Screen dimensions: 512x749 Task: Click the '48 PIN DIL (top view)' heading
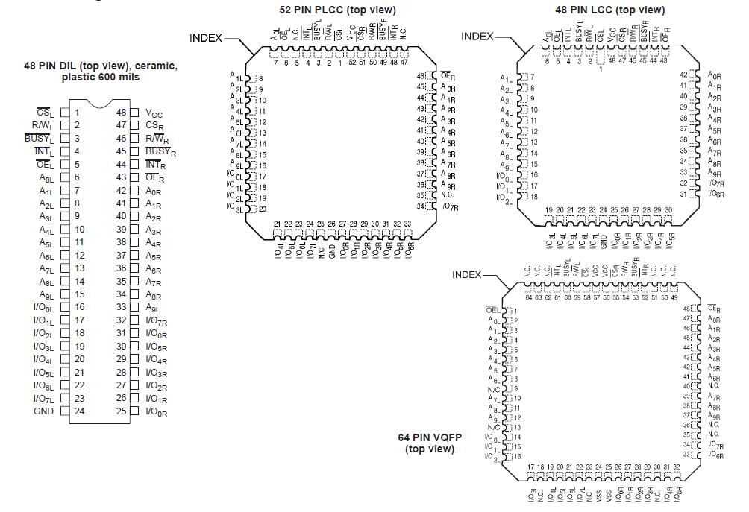click(x=101, y=66)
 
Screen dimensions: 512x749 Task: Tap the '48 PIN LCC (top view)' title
click(x=609, y=10)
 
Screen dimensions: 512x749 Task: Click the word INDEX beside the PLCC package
click(x=206, y=37)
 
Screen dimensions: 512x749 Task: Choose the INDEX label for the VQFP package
click(x=467, y=275)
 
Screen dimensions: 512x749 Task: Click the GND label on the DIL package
click(x=43, y=411)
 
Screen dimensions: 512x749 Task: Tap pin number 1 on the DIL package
click(x=77, y=113)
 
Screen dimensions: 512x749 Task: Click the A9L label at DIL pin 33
click(x=153, y=307)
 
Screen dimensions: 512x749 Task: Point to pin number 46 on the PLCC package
click(x=421, y=76)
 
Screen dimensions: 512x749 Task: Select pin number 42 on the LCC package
click(x=683, y=74)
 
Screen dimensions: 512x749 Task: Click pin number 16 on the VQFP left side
click(x=515, y=455)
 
